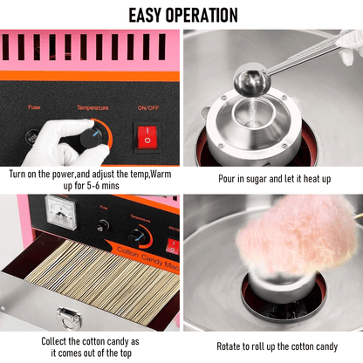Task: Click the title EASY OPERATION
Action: point(182,15)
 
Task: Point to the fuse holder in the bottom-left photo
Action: point(103,225)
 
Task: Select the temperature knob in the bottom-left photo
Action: point(137,236)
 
